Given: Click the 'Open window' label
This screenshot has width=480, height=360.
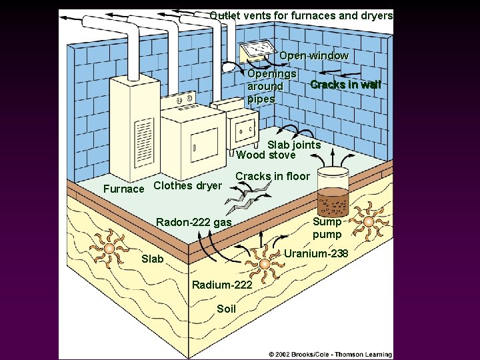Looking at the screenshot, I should coord(313,56).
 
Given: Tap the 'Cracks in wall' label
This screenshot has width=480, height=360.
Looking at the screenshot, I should coord(345,85).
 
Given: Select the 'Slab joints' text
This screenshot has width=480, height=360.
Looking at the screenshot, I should coord(293,145).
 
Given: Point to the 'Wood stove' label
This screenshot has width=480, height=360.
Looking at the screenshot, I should coord(265,155).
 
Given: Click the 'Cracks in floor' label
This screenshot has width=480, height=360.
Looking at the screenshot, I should coord(273,176).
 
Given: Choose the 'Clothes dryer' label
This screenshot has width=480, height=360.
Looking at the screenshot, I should coord(187,186).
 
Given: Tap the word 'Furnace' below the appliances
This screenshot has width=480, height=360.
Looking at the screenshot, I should coord(124,189).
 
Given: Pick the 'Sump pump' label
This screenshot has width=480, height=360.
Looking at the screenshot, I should coord(327,228).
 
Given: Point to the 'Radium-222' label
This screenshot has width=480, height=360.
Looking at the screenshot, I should coord(222,285).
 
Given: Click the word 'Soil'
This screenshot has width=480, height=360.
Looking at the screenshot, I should coord(227,309).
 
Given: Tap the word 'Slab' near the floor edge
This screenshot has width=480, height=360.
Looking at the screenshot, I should coord(152,259).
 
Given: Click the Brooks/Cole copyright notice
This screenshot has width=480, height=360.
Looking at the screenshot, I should coord(330,353).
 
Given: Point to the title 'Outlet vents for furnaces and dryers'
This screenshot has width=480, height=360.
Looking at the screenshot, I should coord(301,15).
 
